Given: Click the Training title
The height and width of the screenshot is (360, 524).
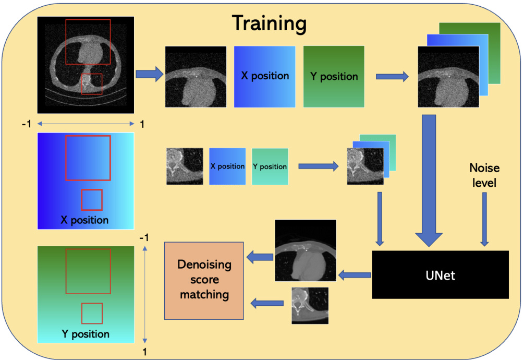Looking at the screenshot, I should (x=269, y=23).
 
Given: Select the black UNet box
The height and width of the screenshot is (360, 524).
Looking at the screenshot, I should (x=440, y=274).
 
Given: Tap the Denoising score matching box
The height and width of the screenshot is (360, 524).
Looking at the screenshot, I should (x=204, y=280).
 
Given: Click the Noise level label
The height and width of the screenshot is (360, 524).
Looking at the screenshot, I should (x=484, y=176).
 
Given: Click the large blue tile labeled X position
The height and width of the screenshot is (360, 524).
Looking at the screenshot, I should (x=264, y=76).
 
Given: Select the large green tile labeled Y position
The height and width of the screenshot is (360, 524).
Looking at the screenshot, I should (x=334, y=76).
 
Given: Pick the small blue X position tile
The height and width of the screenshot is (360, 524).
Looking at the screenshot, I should (x=227, y=166).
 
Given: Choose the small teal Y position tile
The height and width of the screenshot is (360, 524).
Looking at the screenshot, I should (x=270, y=166).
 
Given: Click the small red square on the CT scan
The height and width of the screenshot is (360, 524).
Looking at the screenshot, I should (x=92, y=83).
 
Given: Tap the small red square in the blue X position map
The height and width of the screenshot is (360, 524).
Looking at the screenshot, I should (x=92, y=200).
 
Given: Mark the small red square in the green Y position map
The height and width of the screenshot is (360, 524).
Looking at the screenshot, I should (x=92, y=313).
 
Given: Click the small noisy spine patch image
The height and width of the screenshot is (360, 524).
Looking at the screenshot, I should (x=185, y=166).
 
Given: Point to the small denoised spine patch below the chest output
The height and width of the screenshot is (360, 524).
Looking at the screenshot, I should (x=310, y=305).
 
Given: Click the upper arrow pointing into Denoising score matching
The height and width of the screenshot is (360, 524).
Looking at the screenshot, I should (x=260, y=256).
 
